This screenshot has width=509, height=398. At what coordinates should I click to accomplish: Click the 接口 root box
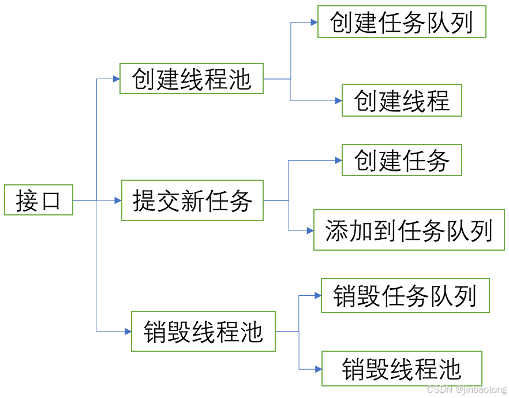39,200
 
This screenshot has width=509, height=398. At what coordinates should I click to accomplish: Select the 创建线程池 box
192,79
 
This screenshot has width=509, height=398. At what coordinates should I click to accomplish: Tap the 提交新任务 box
192,200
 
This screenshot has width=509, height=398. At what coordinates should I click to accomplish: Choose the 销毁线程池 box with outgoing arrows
203,332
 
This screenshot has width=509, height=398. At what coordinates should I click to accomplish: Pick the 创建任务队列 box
402,22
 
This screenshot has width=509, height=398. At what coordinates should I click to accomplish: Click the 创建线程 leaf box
402,100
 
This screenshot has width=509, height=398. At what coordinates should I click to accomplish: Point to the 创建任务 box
402,160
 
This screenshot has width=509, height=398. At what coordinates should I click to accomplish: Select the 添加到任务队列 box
409,230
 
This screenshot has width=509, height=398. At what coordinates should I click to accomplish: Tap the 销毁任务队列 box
405,295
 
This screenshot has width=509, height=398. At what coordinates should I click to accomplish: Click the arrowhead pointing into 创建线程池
115,79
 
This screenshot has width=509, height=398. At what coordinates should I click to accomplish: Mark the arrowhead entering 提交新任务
117,200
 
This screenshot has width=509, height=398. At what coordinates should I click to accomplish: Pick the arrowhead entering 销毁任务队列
317,295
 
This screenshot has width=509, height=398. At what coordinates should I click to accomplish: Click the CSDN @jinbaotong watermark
463,389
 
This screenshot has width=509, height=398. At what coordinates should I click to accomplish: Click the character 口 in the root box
51,200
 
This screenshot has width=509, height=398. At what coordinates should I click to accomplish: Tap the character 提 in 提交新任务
144,200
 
